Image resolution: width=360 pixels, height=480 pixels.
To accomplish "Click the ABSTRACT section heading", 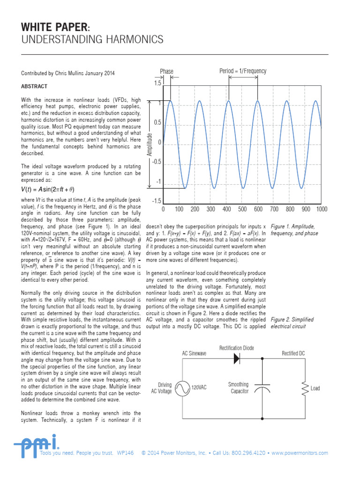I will pyautogui.click(x=34, y=87).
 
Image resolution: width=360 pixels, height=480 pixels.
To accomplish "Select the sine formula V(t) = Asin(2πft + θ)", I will pyautogui.click(x=48, y=189).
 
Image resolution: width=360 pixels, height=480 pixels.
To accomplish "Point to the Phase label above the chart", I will pyautogui.click(x=166, y=71).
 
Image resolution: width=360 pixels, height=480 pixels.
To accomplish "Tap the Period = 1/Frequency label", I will pyautogui.click(x=243, y=71).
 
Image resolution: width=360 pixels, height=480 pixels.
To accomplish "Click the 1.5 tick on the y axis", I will pyautogui.click(x=157, y=83).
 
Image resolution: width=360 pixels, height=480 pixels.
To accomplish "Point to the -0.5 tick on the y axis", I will pyautogui.click(x=155, y=162).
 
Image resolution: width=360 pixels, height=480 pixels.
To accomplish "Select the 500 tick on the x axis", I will pyautogui.click(x=242, y=209).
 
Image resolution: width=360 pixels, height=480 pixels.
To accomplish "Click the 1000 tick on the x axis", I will pyautogui.click(x=322, y=209).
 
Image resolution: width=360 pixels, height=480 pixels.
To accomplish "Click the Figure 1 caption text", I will pyautogui.click(x=294, y=230).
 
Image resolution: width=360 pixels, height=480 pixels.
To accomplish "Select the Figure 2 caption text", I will pyautogui.click(x=292, y=322).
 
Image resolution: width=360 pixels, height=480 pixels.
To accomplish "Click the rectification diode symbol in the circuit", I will pyautogui.click(x=236, y=359).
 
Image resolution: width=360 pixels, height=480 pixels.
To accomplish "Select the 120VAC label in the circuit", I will pyautogui.click(x=199, y=388).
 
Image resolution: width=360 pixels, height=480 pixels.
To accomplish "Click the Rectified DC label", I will pyautogui.click(x=293, y=353).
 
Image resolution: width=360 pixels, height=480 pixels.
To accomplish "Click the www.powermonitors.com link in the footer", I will pyautogui.click(x=300, y=453).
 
